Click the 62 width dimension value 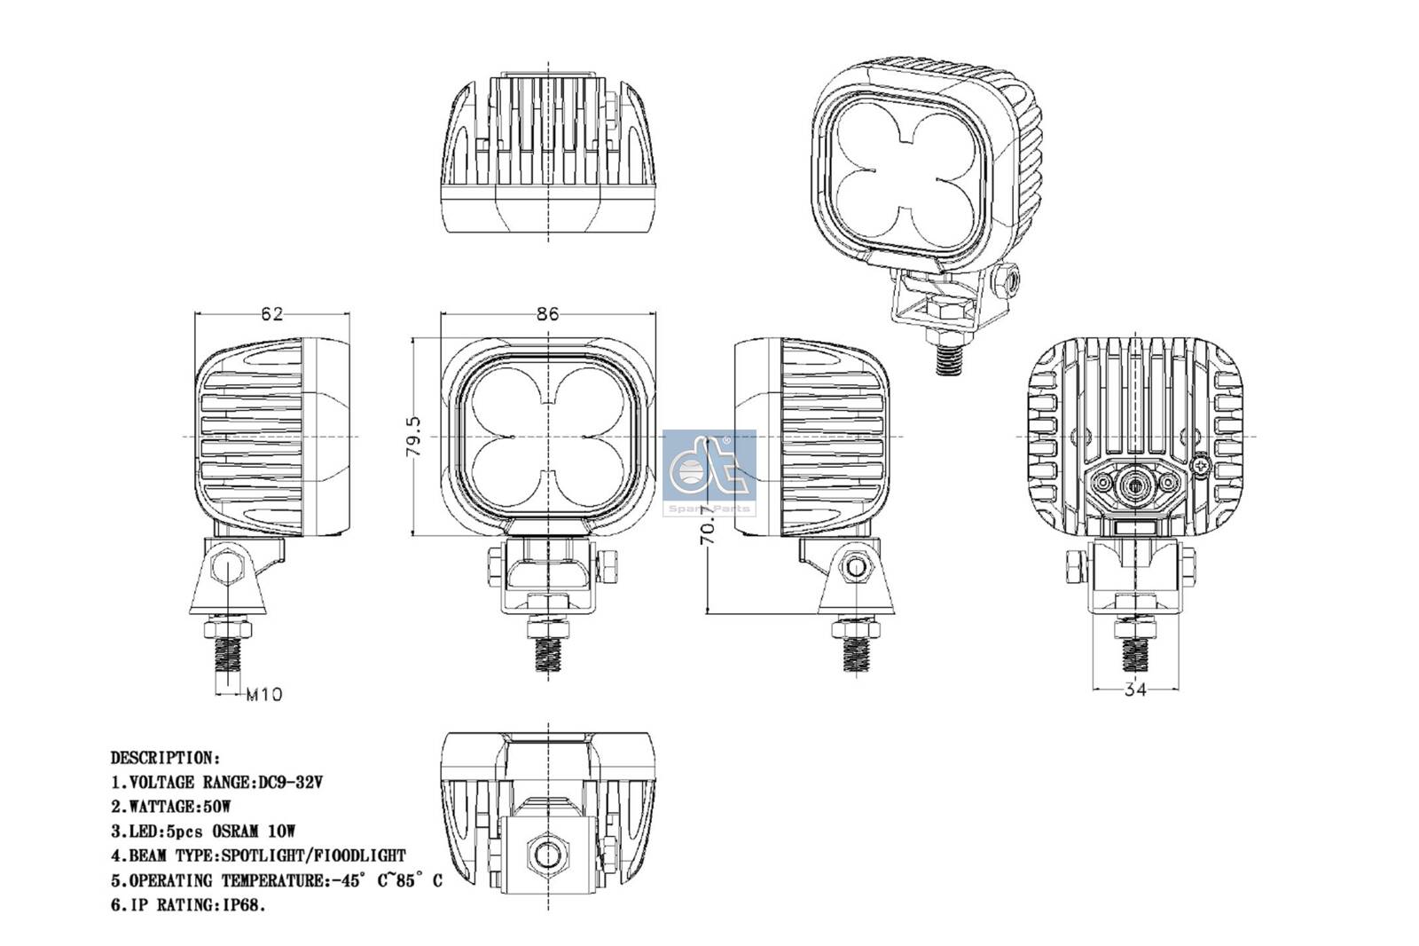(x=271, y=314)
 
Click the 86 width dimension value (x=548, y=314)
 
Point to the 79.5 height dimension (x=413, y=437)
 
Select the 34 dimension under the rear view (x=1135, y=690)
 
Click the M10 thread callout (x=263, y=695)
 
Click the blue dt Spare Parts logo (x=709, y=471)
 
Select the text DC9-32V (x=290, y=783)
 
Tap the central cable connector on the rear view (x=1133, y=485)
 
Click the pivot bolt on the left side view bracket (x=230, y=566)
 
